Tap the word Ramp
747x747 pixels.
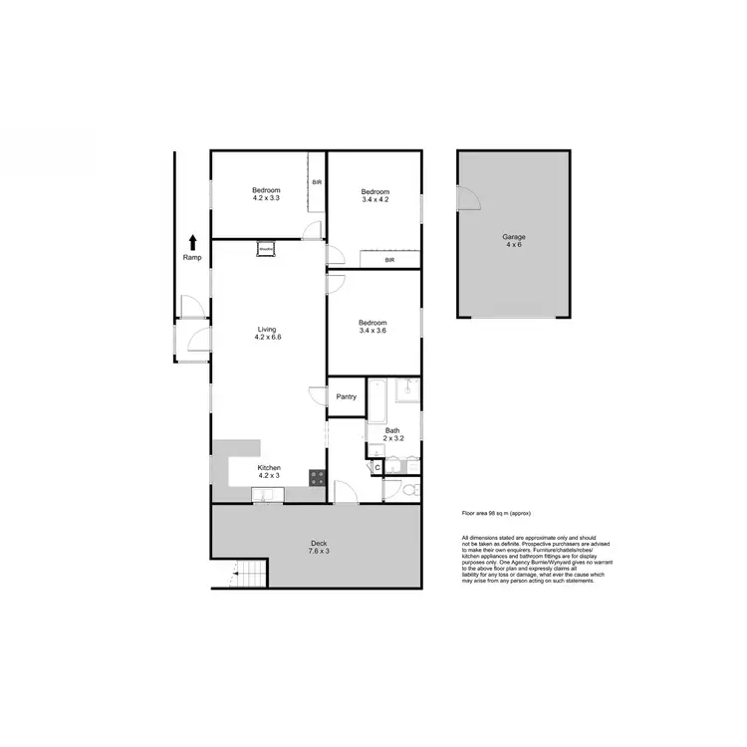tap(192, 258)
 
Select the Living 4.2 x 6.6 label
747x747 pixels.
tap(268, 334)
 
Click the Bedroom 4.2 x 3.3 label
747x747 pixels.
tap(266, 194)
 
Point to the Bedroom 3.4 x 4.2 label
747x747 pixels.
tap(374, 195)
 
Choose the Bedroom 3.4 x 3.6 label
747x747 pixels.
tap(373, 327)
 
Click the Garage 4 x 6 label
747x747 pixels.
tap(513, 241)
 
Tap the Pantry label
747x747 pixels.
tap(346, 396)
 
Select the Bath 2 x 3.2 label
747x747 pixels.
tap(392, 434)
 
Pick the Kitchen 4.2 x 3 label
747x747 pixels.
tap(269, 472)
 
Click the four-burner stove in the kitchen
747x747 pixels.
tap(318, 477)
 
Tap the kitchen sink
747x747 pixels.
tap(262, 496)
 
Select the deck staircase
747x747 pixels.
tap(251, 575)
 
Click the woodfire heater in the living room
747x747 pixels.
tap(266, 249)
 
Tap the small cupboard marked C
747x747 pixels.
tap(377, 466)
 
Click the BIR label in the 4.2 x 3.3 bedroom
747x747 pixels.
tap(317, 183)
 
